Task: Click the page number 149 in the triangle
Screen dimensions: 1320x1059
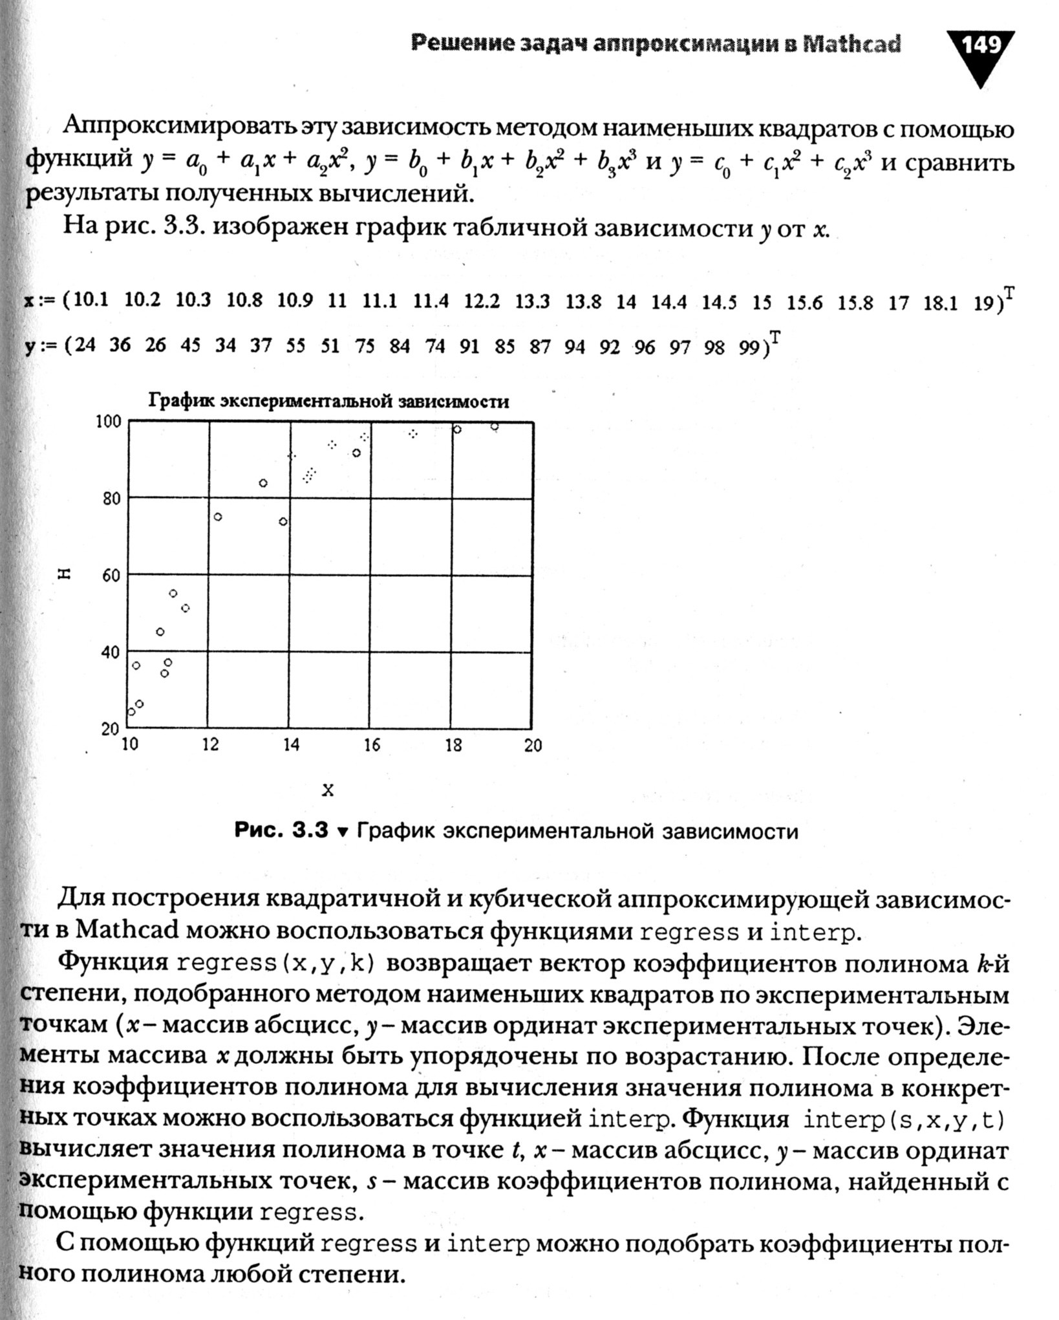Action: tap(980, 47)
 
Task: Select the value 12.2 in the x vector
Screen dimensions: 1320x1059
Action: tap(482, 301)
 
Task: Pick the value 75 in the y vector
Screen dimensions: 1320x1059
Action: tap(365, 347)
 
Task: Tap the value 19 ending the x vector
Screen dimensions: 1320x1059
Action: tap(984, 303)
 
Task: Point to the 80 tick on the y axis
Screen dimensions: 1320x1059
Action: tap(111, 499)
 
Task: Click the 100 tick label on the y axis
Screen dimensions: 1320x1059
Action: tap(108, 422)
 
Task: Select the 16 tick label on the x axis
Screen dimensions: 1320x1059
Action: tap(372, 745)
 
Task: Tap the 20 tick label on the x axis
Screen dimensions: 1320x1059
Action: tap(533, 745)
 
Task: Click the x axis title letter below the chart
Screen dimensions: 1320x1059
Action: tap(328, 790)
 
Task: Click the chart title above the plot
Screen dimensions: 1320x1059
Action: tap(328, 402)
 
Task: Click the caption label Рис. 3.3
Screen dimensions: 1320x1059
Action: tap(281, 830)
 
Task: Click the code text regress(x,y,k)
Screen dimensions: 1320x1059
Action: tap(275, 963)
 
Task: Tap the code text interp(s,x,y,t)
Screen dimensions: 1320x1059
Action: tap(904, 1120)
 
